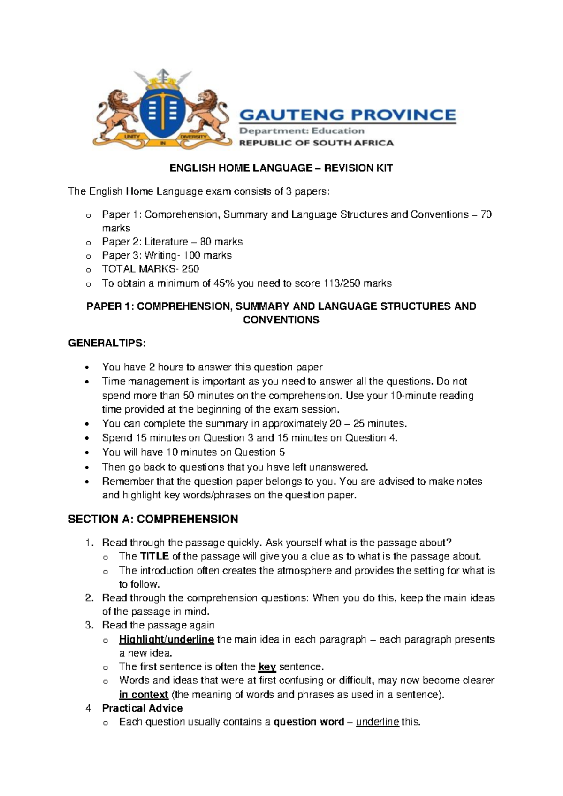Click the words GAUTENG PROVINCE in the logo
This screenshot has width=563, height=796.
click(x=348, y=115)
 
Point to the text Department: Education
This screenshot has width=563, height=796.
click(x=302, y=131)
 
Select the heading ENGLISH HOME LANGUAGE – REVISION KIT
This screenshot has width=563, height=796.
click(x=281, y=168)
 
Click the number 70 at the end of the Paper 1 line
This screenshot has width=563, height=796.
click(x=486, y=214)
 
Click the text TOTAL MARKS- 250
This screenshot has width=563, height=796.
click(x=150, y=269)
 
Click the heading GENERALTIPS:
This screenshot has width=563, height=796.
click(x=107, y=343)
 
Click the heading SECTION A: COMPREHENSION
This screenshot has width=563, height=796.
click(x=153, y=519)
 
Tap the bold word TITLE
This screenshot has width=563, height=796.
click(x=154, y=557)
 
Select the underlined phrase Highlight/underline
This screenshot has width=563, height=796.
click(x=167, y=639)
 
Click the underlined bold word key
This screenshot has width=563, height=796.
click(x=267, y=666)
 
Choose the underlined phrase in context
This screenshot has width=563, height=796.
click(x=143, y=694)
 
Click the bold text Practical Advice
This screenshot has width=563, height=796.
click(x=142, y=708)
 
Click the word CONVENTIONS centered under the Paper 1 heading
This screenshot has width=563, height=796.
click(x=281, y=320)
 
